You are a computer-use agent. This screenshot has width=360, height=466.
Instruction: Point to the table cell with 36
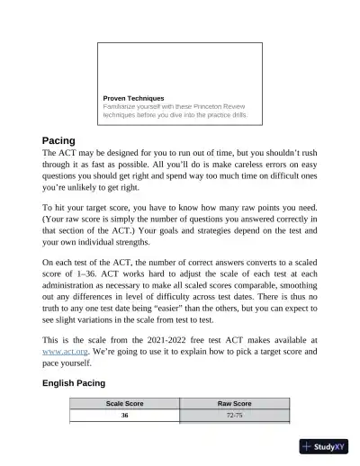[x=125, y=417]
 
